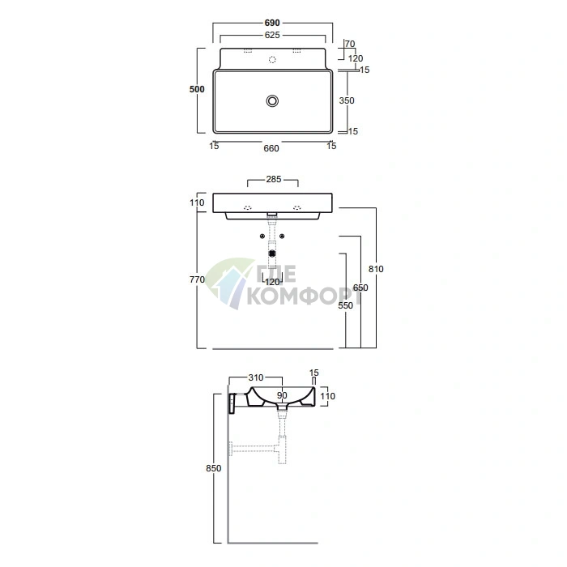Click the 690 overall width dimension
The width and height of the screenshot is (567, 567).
(x=272, y=23)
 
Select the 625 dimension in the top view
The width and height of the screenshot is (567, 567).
(x=272, y=35)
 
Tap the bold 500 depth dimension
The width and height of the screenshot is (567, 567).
(x=197, y=89)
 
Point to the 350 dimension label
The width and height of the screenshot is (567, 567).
(x=347, y=100)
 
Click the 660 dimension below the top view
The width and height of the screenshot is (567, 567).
(x=271, y=148)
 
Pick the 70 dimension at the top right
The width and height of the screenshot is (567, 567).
(x=350, y=44)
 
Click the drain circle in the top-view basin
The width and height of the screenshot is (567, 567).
(x=272, y=101)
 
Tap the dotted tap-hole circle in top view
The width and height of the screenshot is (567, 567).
(x=272, y=60)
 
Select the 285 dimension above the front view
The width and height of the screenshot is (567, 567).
(x=274, y=179)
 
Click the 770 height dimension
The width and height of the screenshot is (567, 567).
(x=197, y=279)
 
